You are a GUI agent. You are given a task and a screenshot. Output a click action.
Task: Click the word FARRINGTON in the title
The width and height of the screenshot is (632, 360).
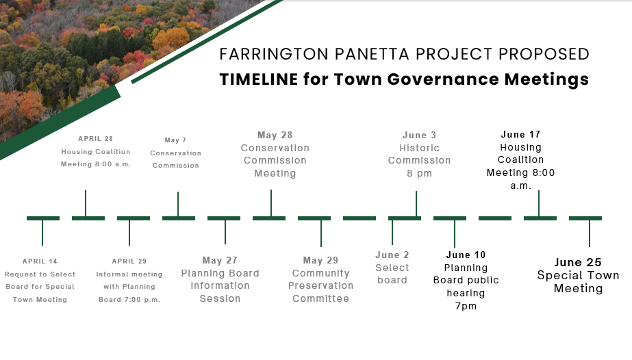tap(274, 54)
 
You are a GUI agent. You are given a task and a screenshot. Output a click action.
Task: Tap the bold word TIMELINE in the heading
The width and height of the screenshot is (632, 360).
tap(259, 79)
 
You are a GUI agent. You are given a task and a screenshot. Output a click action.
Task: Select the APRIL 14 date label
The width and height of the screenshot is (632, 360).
tap(40, 261)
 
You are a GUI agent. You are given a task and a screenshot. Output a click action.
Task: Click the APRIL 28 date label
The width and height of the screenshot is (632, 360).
tap(96, 139)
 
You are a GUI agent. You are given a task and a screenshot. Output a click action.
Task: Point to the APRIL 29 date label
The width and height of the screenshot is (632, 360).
tap(129, 261)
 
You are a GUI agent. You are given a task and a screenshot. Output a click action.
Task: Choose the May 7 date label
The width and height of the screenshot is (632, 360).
tap(176, 140)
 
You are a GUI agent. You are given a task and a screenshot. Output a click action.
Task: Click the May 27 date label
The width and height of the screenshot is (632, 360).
tap(220, 261)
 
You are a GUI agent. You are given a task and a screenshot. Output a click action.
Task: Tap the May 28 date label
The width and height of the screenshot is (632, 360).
tap(275, 136)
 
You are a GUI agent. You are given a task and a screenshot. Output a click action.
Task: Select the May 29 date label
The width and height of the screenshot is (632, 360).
tap(321, 261)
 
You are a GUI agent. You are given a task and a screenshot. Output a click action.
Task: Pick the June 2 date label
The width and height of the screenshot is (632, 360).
tap(392, 255)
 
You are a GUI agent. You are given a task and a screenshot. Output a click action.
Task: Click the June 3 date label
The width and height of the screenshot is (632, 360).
tap(419, 136)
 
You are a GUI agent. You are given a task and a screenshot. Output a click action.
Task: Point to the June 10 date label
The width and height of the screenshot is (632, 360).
tap(466, 255)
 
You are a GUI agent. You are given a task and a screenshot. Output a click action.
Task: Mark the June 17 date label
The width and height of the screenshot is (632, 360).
tap(521, 135)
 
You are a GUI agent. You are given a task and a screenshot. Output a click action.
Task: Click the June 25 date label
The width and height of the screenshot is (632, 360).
tap(578, 263)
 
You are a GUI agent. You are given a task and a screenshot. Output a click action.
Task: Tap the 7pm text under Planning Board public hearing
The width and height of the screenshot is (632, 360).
tap(466, 307)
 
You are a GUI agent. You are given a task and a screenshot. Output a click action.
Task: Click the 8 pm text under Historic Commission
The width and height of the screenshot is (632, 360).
tap(419, 174)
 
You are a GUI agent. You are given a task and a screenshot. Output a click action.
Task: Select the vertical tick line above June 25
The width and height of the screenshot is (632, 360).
tap(590, 233)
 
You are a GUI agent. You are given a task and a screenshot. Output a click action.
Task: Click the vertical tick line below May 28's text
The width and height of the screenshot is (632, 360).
tap(271, 203)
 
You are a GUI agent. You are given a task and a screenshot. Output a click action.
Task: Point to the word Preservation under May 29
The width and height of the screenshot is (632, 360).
tap(321, 285)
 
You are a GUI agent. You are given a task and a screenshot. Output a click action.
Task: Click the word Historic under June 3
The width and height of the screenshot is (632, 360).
tap(419, 149)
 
